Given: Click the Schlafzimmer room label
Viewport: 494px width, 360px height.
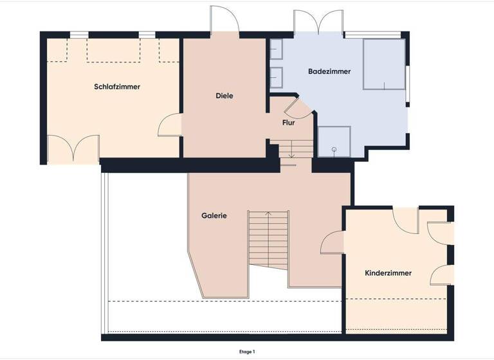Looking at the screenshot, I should pyautogui.click(x=117, y=87).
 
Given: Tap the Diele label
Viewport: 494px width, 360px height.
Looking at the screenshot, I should pyautogui.click(x=224, y=96).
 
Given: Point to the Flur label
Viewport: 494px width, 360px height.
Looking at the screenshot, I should pyautogui.click(x=289, y=122).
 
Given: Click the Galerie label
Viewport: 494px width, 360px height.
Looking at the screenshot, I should pyautogui.click(x=214, y=216).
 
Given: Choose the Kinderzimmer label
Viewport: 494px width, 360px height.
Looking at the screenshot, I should pyautogui.click(x=388, y=273).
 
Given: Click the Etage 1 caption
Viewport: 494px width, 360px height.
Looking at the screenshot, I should pyautogui.click(x=247, y=352).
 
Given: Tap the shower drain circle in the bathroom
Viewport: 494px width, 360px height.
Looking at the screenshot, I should pyautogui.click(x=334, y=149).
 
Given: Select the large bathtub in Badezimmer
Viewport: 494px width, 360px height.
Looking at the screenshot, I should pyautogui.click(x=383, y=64).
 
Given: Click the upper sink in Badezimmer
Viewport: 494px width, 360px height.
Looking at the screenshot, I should pyautogui.click(x=277, y=49).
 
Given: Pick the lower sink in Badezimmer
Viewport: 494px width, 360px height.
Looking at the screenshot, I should pyautogui.click(x=277, y=76).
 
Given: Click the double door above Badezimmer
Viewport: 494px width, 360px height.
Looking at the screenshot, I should pyautogui.click(x=318, y=22).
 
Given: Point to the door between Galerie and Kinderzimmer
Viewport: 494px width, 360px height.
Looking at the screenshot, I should pyautogui.click(x=333, y=243).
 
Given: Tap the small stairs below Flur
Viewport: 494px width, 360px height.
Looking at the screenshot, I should pyautogui.click(x=292, y=150).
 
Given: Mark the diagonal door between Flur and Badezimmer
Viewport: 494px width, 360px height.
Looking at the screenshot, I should pyautogui.click(x=292, y=105).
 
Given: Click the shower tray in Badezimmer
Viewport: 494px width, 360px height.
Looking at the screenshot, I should pyautogui.click(x=334, y=142).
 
